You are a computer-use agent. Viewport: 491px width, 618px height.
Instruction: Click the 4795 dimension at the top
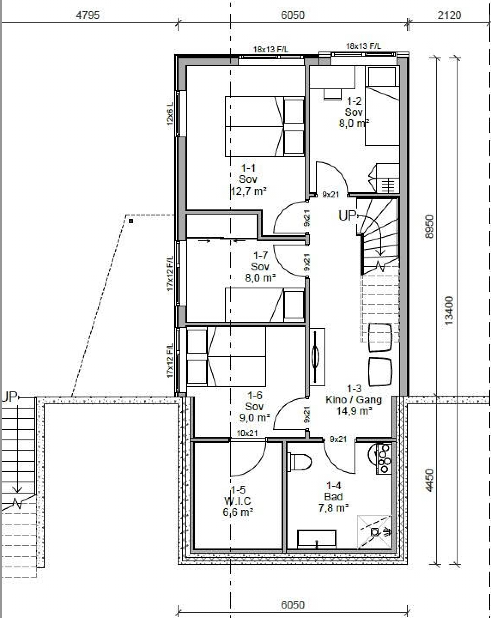(88, 15)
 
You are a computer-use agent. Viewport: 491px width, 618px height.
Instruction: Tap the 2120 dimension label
(449, 15)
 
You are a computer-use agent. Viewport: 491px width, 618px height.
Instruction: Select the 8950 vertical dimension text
(429, 226)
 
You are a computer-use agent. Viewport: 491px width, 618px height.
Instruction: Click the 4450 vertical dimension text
(429, 480)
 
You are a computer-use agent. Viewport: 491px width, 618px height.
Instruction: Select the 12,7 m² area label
(249, 191)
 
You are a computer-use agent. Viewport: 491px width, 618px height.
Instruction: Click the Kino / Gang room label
(354, 400)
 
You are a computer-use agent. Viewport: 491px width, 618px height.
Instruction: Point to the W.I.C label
(237, 501)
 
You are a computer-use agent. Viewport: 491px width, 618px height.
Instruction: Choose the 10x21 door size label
(247, 433)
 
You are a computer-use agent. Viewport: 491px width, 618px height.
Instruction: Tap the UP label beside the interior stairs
(347, 216)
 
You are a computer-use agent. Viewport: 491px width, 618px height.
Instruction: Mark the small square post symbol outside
(131, 221)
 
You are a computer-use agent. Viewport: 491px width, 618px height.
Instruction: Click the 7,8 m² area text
(333, 508)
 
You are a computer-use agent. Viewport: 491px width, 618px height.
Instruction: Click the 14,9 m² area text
(354, 411)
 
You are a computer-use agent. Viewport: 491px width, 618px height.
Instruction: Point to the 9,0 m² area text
(255, 418)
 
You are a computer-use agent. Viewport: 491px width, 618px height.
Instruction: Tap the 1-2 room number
(354, 101)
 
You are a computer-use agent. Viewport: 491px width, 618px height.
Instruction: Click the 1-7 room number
(261, 255)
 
